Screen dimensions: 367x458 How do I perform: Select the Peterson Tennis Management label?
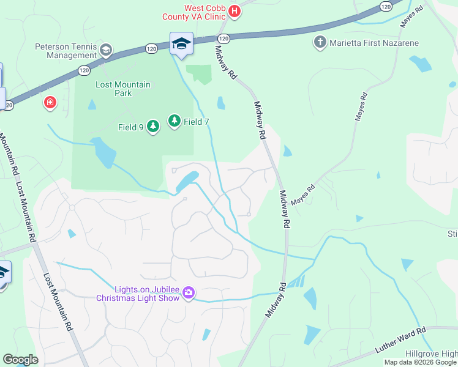pyautogui.click(x=66, y=51)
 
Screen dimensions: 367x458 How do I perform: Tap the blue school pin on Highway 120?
pyautogui.click(x=181, y=43)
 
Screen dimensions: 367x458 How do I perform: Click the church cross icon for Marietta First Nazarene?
pyautogui.click(x=320, y=42)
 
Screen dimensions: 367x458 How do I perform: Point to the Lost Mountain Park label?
pyautogui.click(x=122, y=89)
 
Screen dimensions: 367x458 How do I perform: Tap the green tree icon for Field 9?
pyautogui.click(x=153, y=127)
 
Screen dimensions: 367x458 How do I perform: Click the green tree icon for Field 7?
pyautogui.click(x=175, y=121)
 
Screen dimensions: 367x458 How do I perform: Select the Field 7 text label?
pyautogui.click(x=197, y=122)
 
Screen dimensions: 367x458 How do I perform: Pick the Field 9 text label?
pyautogui.click(x=130, y=127)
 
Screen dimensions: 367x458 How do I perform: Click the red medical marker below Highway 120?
pyautogui.click(x=50, y=102)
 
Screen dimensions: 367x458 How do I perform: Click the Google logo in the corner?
pyautogui.click(x=20, y=360)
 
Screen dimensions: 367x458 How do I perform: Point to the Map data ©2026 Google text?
pyautogui.click(x=420, y=362)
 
